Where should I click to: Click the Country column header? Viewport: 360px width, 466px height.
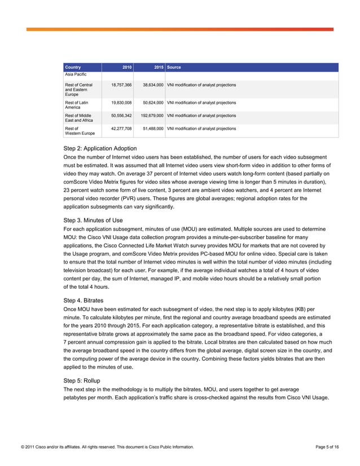point(73,67)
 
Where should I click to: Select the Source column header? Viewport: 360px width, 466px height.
point(174,67)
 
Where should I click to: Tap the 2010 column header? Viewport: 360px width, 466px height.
point(127,67)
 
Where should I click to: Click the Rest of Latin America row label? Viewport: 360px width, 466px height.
point(77,105)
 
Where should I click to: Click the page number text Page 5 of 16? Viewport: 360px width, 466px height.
point(327,447)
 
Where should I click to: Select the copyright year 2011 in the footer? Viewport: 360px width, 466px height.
point(30,447)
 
